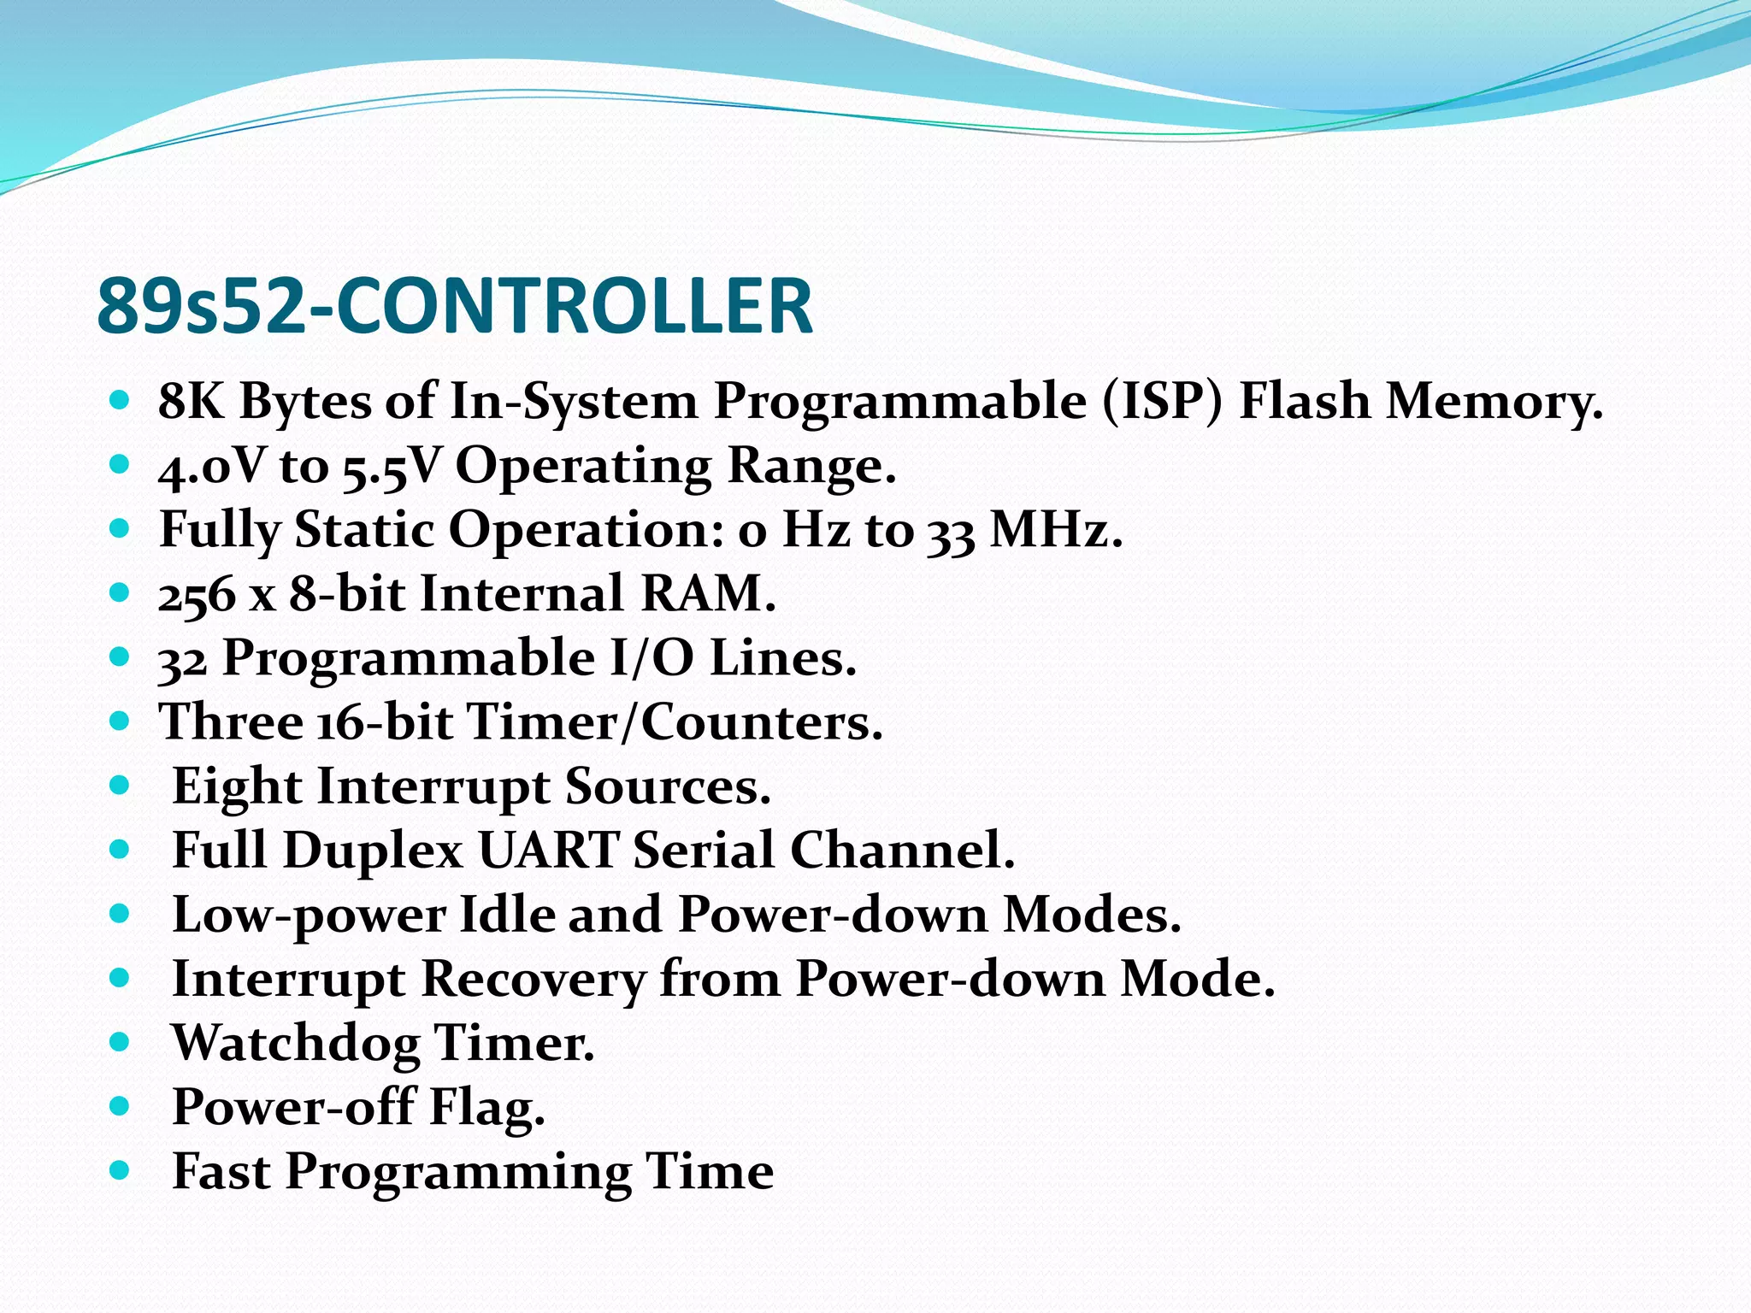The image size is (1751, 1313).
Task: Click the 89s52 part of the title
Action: [201, 306]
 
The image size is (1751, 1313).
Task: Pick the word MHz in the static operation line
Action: [1055, 529]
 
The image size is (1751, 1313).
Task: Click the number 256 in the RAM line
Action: [197, 594]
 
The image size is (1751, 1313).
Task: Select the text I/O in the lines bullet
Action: [651, 658]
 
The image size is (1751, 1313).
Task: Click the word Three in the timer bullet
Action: [232, 721]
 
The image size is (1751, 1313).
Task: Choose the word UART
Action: [548, 851]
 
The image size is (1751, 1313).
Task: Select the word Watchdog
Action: [296, 1043]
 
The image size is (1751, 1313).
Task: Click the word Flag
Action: [486, 1107]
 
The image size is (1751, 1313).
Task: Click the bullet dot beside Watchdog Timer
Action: [120, 1043]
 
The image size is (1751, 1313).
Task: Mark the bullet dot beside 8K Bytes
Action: [120, 400]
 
